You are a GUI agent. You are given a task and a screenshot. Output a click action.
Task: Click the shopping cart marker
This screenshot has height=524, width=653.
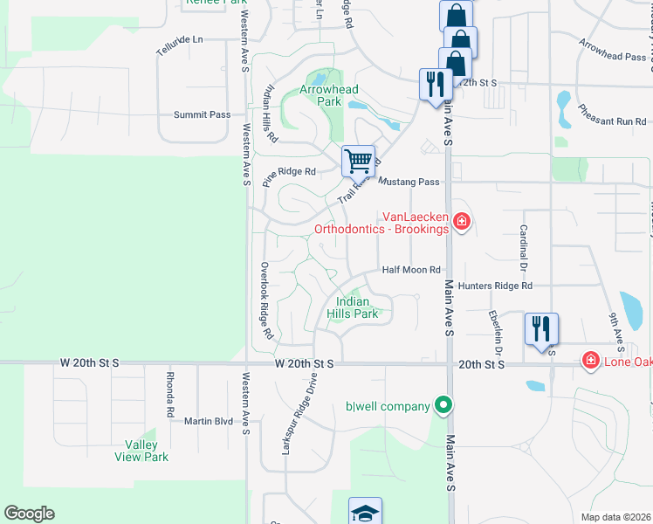[x=358, y=162]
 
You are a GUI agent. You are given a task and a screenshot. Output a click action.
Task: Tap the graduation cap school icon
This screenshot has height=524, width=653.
[x=365, y=513]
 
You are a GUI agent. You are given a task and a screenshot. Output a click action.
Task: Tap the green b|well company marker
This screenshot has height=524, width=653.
[x=443, y=405]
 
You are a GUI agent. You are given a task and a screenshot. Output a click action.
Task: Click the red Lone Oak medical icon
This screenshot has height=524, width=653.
[x=590, y=360]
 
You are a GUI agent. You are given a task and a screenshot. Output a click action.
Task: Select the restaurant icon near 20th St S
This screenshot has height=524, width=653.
[x=541, y=329]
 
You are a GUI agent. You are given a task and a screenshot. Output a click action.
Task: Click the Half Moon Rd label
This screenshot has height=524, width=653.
[x=411, y=270]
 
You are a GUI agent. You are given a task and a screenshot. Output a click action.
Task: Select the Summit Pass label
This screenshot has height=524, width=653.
[x=202, y=114]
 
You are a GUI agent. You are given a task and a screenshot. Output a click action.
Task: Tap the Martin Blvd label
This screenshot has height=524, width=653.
[x=209, y=421]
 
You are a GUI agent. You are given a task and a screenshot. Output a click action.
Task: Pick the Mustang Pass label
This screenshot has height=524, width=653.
[x=409, y=182]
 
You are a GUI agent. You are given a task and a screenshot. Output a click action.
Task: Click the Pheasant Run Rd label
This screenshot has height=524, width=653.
[x=611, y=115]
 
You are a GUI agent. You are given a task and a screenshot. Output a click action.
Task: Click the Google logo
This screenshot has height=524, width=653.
[x=29, y=514]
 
